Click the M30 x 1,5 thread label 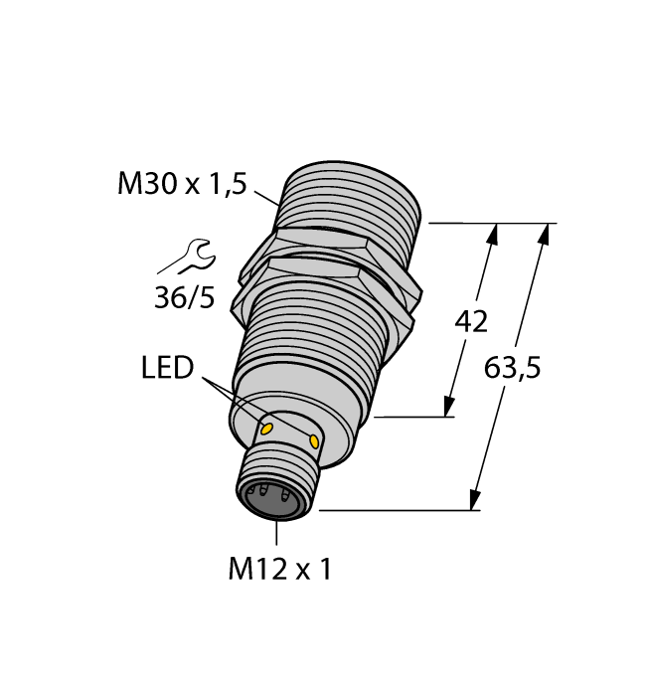click(x=181, y=183)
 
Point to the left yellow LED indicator click(x=265, y=428)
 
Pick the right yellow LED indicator click(x=315, y=440)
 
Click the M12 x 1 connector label click(x=278, y=569)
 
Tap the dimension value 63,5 click(x=512, y=368)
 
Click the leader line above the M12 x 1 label click(x=275, y=533)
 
